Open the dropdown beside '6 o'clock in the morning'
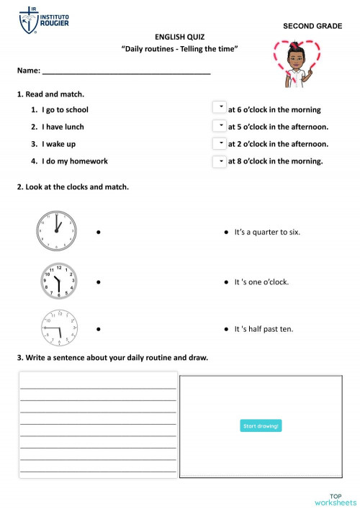pos(220,108)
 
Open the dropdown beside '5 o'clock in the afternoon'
pos(220,126)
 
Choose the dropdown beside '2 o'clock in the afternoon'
pos(220,143)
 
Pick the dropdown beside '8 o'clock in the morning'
pos(220,161)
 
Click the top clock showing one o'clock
pos(56,231)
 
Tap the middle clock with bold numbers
pos(59,281)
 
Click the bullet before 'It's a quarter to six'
pos(228,233)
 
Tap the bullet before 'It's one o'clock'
pos(228,281)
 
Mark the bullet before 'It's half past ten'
pos(228,330)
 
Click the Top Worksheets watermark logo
pos(335,498)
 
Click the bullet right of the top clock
pos(97,233)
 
